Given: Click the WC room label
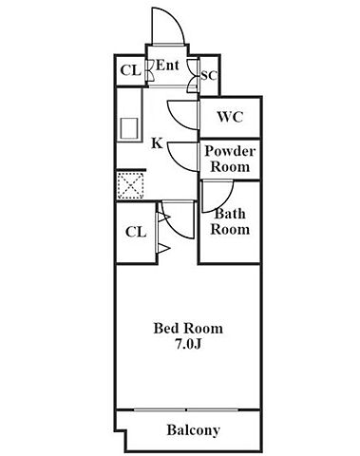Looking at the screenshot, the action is pyautogui.click(x=230, y=117).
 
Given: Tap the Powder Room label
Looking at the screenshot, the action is pyautogui.click(x=230, y=159).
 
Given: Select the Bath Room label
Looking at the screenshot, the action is pyautogui.click(x=230, y=221).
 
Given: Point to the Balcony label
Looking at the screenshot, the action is pyautogui.click(x=194, y=430).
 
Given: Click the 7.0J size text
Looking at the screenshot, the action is pyautogui.click(x=188, y=345).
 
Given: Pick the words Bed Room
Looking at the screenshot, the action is pyautogui.click(x=188, y=329).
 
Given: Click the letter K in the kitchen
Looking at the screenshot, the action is pyautogui.click(x=157, y=143).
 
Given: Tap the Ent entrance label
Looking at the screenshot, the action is pyautogui.click(x=168, y=66).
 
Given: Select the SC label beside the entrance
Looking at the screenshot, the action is pyautogui.click(x=209, y=75).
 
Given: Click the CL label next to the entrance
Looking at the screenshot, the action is pyautogui.click(x=130, y=70).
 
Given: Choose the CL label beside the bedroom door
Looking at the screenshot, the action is pyautogui.click(x=136, y=232).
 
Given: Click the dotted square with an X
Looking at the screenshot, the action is pyautogui.click(x=131, y=185).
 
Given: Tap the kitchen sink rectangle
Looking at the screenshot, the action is pyautogui.click(x=129, y=128).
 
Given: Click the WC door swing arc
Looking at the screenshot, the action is pyautogui.click(x=178, y=122).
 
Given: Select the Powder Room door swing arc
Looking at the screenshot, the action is pyautogui.click(x=178, y=163).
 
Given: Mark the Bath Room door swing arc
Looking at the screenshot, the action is pyautogui.click(x=225, y=202).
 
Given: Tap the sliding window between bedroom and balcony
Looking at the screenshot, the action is pyautogui.click(x=186, y=410).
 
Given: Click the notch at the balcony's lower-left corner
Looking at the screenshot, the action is pyautogui.click(x=121, y=430).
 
